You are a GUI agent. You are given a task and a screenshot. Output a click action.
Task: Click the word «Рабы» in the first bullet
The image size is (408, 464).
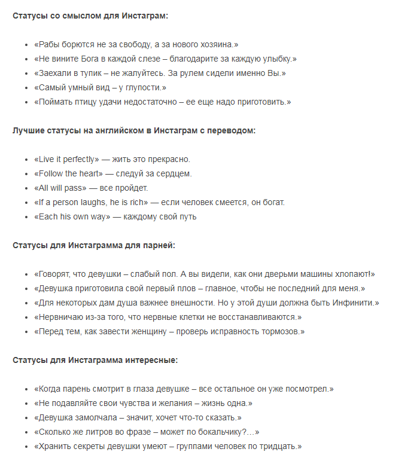click(x=50, y=45)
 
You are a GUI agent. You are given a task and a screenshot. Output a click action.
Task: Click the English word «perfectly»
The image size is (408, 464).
click(x=77, y=160)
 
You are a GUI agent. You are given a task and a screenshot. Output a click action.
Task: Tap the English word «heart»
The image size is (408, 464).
click(x=90, y=174)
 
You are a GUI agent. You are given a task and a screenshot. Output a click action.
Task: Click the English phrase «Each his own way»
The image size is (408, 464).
click(x=72, y=217)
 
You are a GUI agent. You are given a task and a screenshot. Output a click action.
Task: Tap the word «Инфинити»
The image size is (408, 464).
click(x=353, y=303)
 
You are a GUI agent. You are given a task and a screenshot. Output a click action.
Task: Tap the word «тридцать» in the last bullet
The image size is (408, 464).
click(x=279, y=447)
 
